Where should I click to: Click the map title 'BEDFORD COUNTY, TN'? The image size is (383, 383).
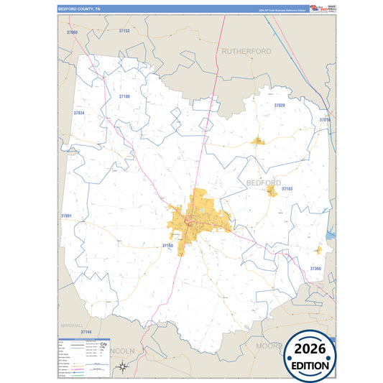[80, 9]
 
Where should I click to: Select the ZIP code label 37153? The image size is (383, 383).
[124, 32]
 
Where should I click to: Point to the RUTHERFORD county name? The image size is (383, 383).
[246, 52]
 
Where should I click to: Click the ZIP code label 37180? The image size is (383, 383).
[124, 96]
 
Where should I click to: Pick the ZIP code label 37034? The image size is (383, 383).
[78, 114]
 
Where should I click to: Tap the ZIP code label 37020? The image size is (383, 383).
[280, 106]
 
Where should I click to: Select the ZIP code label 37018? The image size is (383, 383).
[325, 120]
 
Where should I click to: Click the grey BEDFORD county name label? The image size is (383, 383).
[264, 183]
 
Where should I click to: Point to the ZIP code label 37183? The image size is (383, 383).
[287, 189]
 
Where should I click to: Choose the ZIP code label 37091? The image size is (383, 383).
[66, 216]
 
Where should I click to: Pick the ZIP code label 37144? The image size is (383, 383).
[86, 332]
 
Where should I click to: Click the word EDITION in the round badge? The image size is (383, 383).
[312, 366]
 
